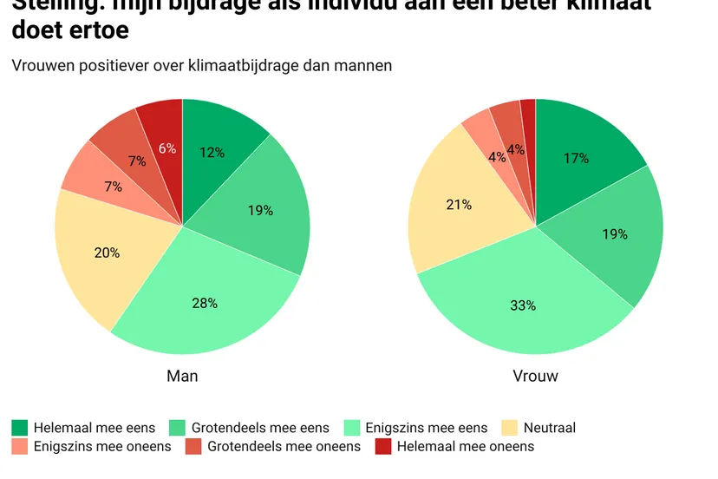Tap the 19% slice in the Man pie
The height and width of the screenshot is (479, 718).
(x=260, y=210)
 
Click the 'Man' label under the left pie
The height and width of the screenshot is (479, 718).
(x=182, y=376)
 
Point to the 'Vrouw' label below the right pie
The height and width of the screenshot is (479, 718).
(x=536, y=376)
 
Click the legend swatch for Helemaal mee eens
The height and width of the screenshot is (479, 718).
(x=19, y=427)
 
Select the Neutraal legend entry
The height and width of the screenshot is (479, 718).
(x=550, y=427)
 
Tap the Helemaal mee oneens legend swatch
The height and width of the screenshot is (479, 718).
(x=382, y=446)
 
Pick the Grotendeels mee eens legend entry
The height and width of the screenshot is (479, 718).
(x=260, y=427)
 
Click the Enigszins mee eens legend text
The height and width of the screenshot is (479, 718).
(x=426, y=427)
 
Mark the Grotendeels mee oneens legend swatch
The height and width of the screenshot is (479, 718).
(x=193, y=446)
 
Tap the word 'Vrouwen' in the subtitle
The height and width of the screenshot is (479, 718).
(x=41, y=65)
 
